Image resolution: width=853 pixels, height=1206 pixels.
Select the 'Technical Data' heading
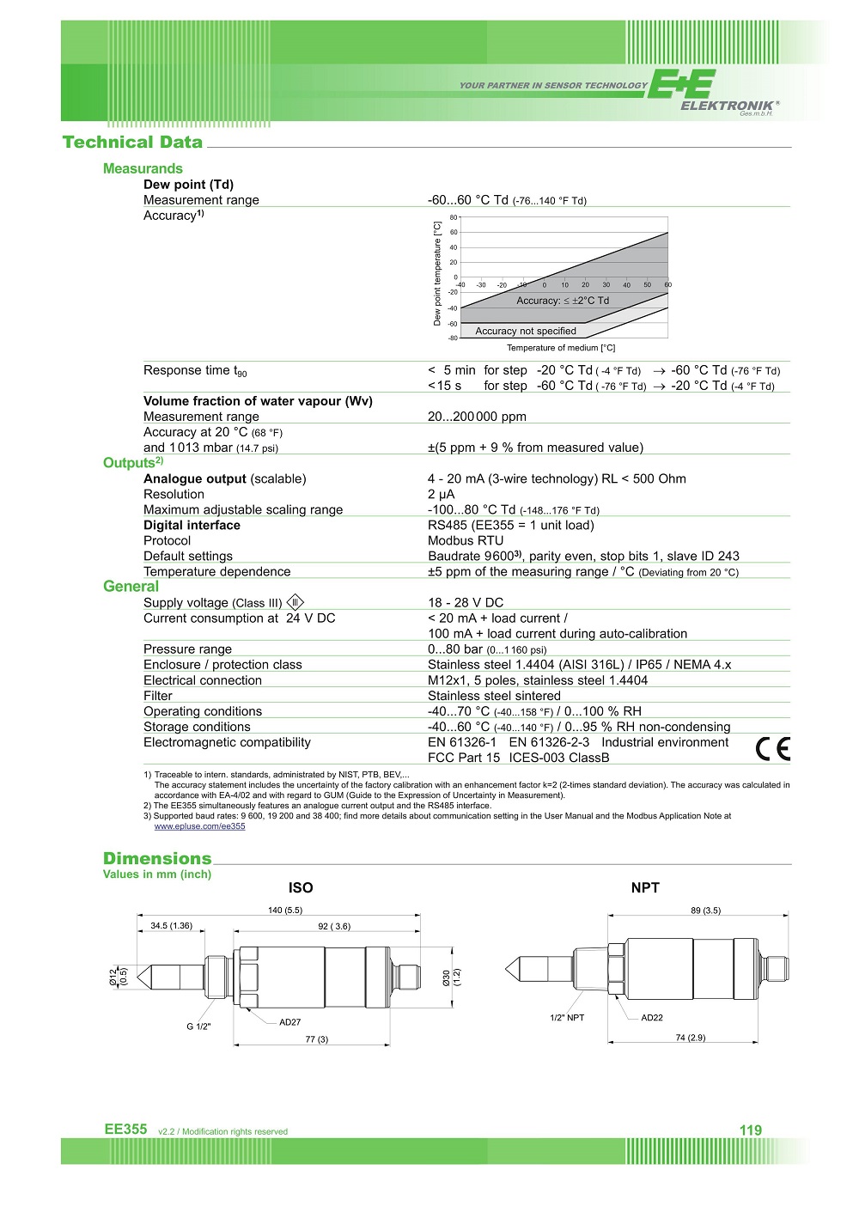(132, 143)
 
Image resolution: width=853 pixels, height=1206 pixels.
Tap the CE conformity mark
(772, 749)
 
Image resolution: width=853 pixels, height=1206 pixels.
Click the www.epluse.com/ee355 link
(199, 826)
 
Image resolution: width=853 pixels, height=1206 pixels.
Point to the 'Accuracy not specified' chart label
(526, 331)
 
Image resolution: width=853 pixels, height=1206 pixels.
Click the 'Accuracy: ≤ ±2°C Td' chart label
(563, 301)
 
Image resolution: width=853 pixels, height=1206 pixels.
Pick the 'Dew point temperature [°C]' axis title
(437, 274)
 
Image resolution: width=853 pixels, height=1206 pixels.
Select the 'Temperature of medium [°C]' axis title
(561, 348)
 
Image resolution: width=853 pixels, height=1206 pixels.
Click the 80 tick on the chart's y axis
(454, 217)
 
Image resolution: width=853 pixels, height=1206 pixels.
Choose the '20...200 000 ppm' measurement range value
(477, 417)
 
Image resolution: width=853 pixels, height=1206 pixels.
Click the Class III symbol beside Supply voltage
(295, 602)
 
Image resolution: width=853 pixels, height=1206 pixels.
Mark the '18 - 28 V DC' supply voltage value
(466, 603)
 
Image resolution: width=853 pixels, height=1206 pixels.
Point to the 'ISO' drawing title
(301, 888)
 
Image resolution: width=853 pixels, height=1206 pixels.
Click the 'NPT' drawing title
(645, 888)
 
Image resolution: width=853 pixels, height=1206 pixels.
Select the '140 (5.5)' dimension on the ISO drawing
(285, 911)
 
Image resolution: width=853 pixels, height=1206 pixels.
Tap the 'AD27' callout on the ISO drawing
(290, 1022)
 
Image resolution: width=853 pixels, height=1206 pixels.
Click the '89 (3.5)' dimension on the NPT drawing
(705, 911)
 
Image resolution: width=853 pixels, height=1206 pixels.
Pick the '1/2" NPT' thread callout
(567, 1018)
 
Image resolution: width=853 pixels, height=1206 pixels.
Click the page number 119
(751, 1130)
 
